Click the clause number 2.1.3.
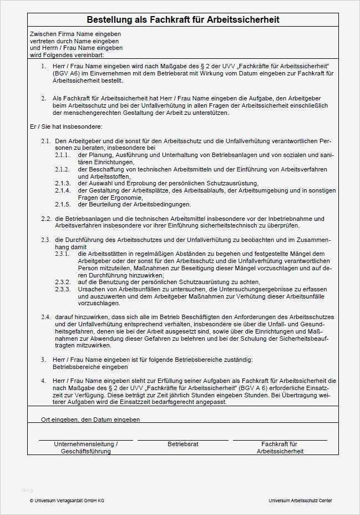pos(62,183)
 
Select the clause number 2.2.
pos(46,219)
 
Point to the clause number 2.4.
pos(46,317)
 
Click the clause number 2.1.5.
pos(62,204)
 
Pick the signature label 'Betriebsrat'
pos(183,445)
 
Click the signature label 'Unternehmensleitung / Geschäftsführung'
pos(85,448)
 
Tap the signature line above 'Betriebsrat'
pos(182,440)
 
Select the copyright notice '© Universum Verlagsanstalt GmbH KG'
pos(67,501)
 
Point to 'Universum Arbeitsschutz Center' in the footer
pos(300,501)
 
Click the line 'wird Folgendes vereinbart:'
pos(67,55)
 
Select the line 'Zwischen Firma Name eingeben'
pos(75,34)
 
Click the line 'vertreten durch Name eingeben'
pos(75,41)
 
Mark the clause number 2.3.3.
pos(62,289)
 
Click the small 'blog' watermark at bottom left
pos(27,489)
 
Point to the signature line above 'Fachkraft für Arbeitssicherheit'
pos(280,440)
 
